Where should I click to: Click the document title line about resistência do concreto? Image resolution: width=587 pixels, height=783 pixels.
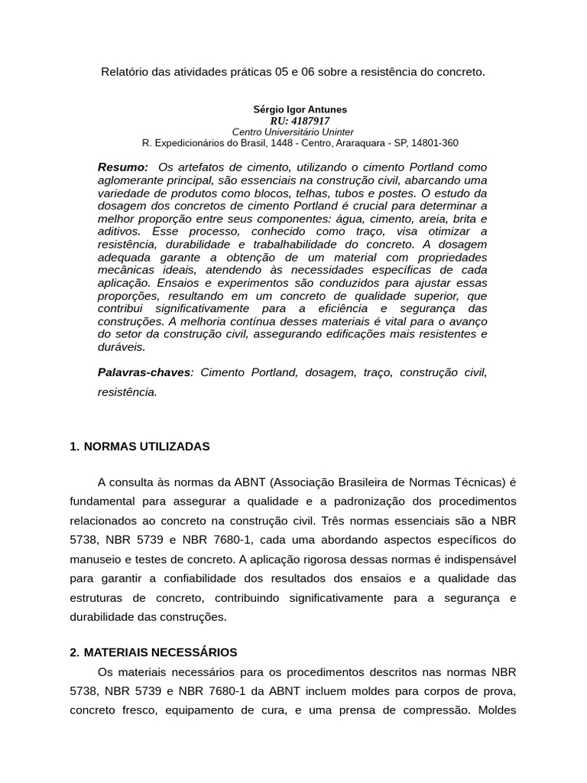pos(293,72)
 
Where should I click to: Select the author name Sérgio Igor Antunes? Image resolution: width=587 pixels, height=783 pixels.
pos(300,110)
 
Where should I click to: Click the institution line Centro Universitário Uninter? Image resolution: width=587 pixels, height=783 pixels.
pos(293,132)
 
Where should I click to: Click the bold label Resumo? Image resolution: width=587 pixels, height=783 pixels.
pos(123,167)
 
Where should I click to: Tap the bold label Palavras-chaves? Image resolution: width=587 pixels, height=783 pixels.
pos(144,372)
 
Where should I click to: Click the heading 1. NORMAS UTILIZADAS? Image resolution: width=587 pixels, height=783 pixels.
pos(139,447)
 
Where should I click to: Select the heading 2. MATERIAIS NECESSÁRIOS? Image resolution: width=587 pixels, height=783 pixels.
pos(153,652)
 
